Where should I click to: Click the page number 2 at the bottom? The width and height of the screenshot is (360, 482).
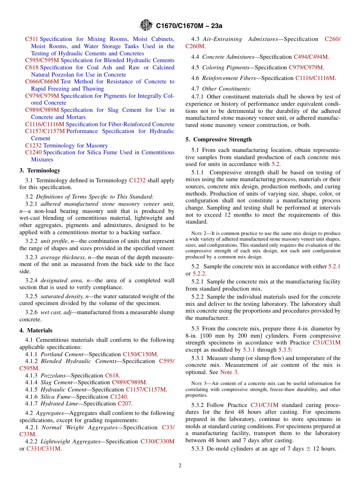tap(180, 465)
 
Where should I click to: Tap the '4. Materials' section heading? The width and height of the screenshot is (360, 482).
tap(36, 330)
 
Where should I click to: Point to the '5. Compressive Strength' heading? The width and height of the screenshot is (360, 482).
tap(218, 139)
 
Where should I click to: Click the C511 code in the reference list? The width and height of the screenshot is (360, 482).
tap(31, 39)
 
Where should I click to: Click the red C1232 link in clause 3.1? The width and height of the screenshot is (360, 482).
tap(137, 180)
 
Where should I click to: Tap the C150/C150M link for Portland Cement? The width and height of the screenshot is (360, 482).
tap(140, 354)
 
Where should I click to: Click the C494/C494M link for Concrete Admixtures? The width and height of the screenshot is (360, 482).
tap(311, 57)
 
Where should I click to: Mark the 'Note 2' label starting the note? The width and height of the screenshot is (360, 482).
tap(199, 233)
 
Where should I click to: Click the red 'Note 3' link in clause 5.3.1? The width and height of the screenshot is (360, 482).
tap(229, 372)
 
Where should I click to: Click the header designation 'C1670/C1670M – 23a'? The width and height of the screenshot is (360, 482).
tap(189, 26)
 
